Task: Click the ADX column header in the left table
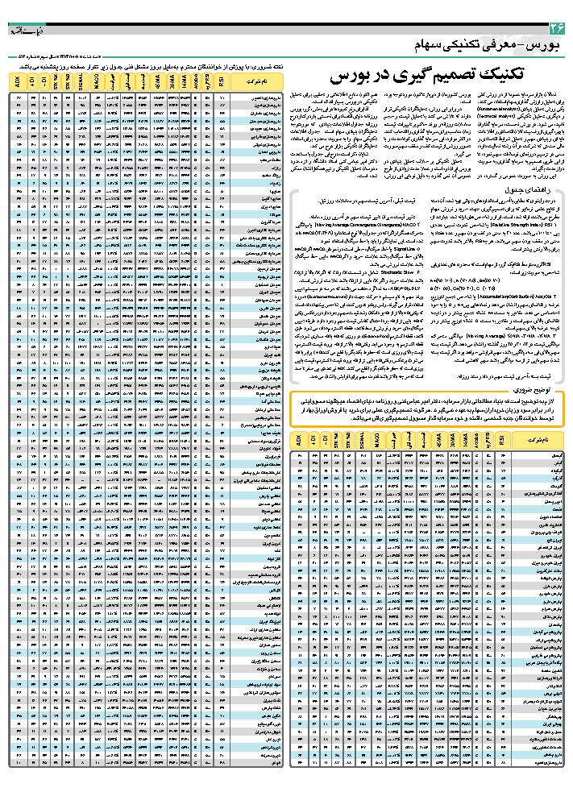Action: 18,81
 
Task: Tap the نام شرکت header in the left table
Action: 260,81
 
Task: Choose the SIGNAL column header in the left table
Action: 81,81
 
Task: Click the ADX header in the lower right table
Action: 298,441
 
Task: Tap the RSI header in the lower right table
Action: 504,441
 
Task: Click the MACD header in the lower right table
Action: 378,441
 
